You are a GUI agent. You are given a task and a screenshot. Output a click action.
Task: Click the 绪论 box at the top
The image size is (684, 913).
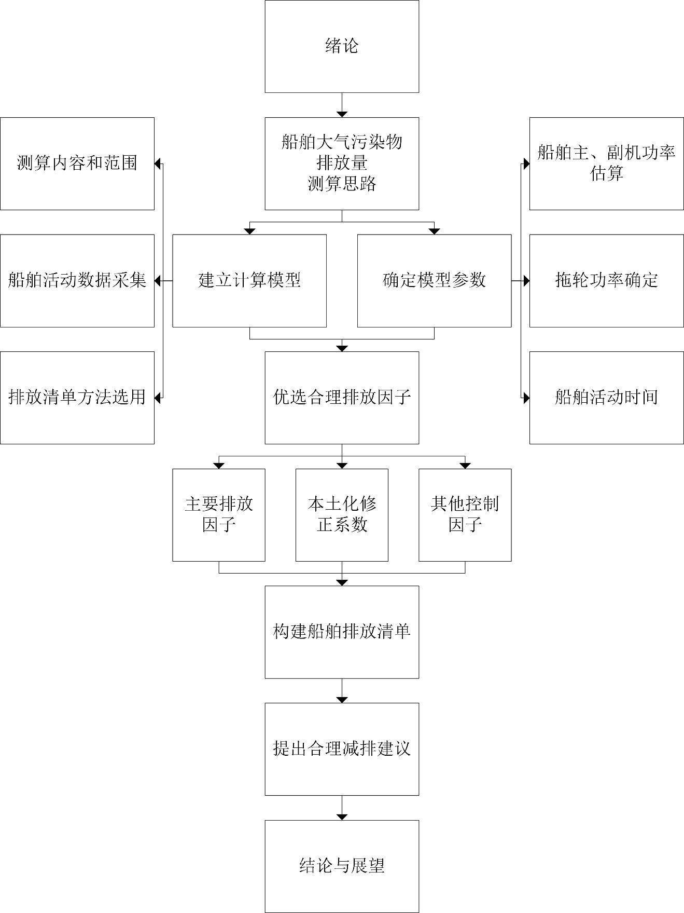tap(342, 46)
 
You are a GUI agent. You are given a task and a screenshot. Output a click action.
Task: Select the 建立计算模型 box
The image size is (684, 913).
tap(249, 281)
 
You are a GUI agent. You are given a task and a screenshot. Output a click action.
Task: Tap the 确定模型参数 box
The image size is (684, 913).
tap(434, 281)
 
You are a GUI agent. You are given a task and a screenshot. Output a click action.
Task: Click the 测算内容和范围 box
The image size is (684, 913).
tap(77, 163)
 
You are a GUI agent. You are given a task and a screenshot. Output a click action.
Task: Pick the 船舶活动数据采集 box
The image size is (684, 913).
tap(77, 281)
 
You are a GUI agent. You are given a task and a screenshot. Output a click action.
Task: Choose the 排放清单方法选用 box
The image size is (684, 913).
tap(77, 398)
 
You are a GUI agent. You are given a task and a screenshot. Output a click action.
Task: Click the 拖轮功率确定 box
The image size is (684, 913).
tap(606, 281)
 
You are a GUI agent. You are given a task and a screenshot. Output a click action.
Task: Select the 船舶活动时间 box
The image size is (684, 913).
tap(606, 398)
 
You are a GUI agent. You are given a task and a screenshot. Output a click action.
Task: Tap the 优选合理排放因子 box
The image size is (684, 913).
tap(342, 398)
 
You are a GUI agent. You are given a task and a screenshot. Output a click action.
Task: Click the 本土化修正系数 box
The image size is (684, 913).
tap(342, 515)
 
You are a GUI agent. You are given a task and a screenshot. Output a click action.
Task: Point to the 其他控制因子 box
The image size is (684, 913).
tap(465, 515)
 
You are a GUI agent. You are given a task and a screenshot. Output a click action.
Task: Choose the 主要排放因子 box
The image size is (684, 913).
tap(219, 515)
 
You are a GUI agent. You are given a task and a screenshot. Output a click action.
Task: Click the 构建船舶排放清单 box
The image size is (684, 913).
tap(342, 632)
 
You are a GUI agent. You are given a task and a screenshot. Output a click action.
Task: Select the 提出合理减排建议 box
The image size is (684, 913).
tap(342, 749)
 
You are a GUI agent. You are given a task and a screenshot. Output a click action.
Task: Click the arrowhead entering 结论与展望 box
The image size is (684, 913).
tap(342, 816)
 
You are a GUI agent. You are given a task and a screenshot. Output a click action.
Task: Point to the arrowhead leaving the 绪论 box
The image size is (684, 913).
tap(342, 114)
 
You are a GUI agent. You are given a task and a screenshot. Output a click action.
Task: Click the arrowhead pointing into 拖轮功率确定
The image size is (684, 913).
tap(526, 281)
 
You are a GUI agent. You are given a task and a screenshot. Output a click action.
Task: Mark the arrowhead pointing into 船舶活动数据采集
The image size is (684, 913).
tap(158, 281)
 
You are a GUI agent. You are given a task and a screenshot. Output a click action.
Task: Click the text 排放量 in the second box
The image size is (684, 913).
tap(342, 163)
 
